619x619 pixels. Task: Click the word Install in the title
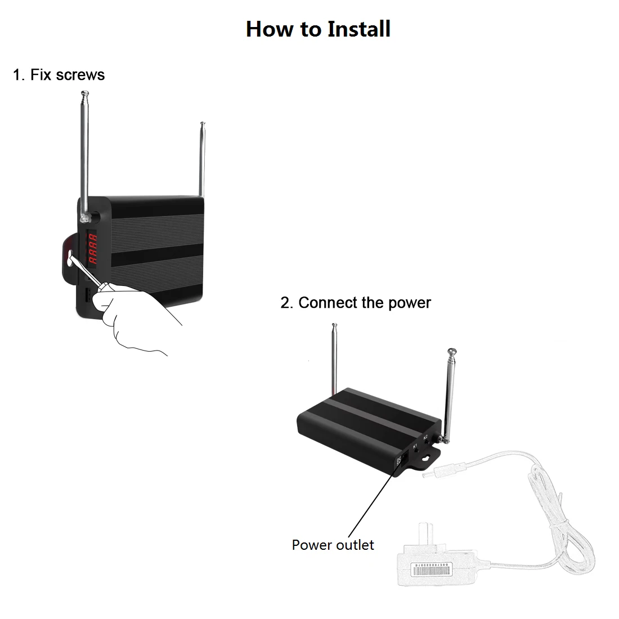(359, 29)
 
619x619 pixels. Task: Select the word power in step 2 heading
(409, 303)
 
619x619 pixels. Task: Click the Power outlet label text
(333, 545)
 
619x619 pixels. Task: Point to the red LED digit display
(92, 249)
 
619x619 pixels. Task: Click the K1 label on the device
(415, 446)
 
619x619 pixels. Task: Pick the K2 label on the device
(426, 437)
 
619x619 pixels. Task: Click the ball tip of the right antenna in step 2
(451, 352)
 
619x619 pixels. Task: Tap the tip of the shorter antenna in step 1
(202, 124)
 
